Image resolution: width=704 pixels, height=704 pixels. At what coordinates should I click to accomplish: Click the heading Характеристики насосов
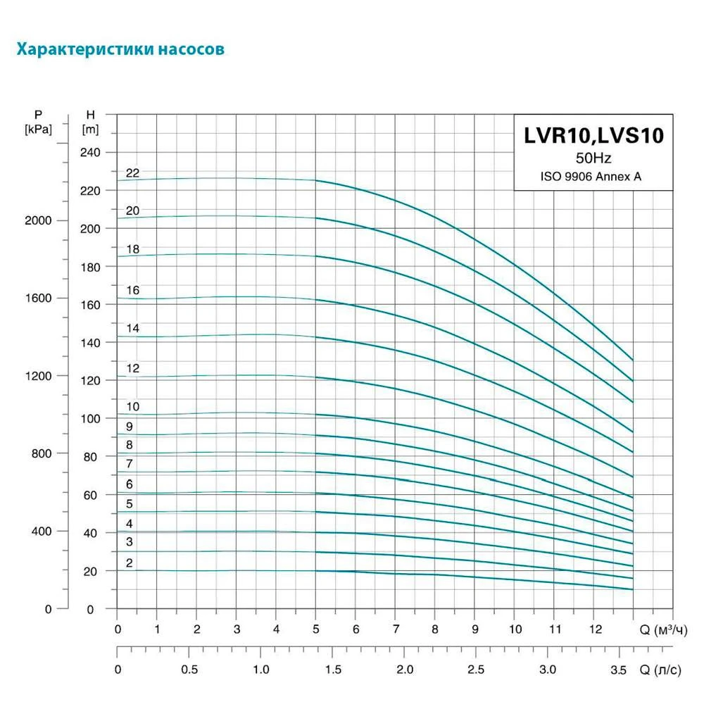click(x=120, y=50)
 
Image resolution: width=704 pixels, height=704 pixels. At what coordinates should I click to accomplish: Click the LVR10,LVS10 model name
click(x=593, y=136)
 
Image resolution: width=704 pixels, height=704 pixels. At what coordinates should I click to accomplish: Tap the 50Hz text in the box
click(x=593, y=158)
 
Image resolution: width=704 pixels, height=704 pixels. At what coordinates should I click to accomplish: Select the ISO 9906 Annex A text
click(x=593, y=177)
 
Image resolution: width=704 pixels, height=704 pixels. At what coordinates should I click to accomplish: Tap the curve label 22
click(x=133, y=172)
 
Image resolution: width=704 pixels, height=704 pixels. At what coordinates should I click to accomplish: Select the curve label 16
click(x=133, y=290)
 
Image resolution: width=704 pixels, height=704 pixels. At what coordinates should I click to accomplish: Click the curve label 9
click(x=130, y=426)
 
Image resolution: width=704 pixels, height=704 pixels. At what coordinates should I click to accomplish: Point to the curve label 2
click(x=130, y=562)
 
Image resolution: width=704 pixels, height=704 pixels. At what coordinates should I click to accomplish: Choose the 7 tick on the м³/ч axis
click(x=396, y=628)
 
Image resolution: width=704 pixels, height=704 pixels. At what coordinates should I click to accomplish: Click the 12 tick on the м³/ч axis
click(x=595, y=628)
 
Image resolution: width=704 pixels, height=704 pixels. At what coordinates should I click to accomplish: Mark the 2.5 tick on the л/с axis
click(x=476, y=669)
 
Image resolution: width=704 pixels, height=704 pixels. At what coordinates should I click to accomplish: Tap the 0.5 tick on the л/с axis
click(x=189, y=669)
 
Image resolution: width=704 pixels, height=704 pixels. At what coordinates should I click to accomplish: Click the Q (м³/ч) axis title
click(x=662, y=628)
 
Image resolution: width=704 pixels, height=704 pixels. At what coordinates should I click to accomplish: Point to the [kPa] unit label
click(x=38, y=129)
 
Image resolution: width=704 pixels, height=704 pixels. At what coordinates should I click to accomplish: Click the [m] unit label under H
click(x=90, y=129)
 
